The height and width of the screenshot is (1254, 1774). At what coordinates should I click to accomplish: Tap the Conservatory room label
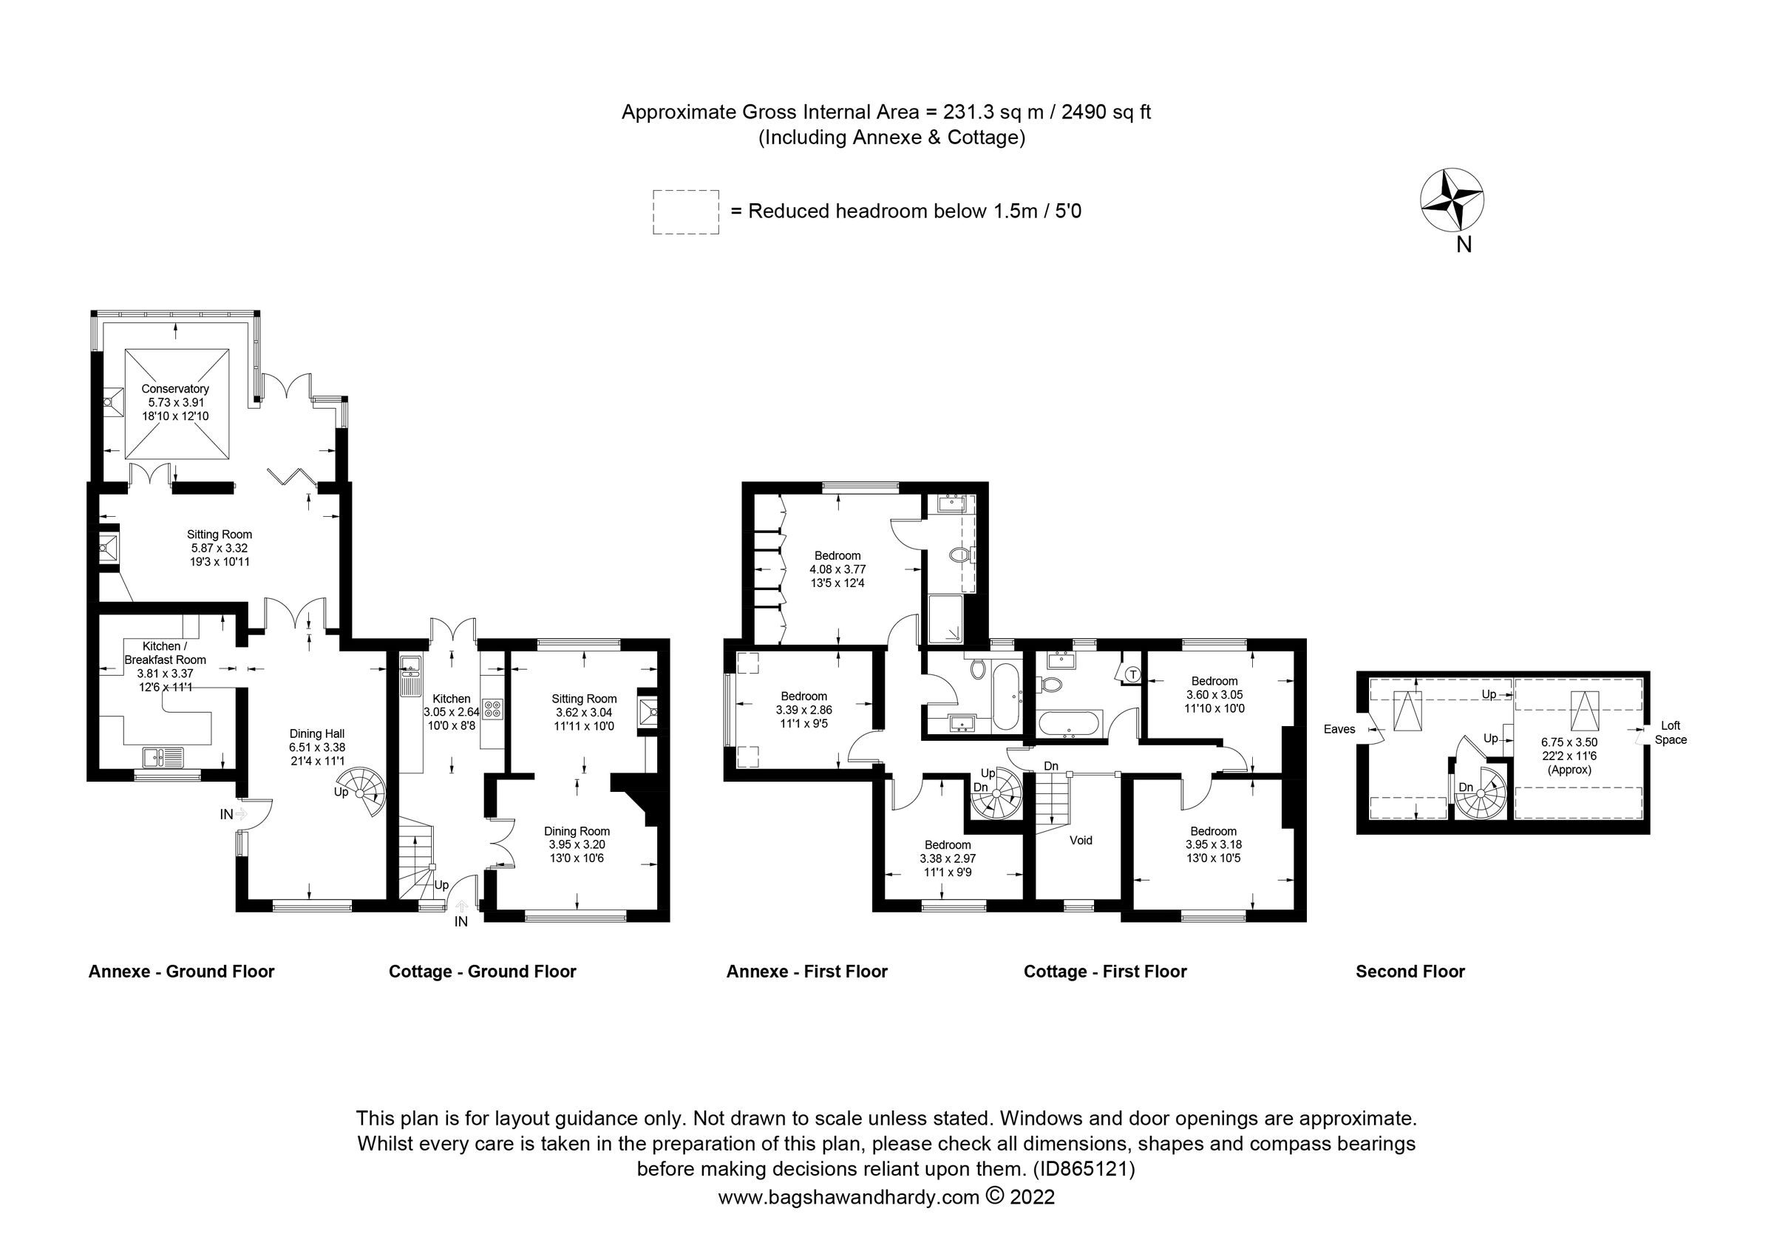coord(174,389)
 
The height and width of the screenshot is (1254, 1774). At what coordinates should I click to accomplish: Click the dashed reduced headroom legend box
coord(685,212)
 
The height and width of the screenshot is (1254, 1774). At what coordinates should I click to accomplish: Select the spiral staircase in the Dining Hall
coord(363,791)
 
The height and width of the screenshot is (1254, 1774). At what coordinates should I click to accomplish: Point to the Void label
coord(1080,840)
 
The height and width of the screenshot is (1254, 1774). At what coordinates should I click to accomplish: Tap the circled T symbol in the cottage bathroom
coord(1132,674)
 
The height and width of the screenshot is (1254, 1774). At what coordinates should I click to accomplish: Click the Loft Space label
coord(1671,733)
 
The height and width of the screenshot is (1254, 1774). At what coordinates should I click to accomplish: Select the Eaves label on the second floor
coord(1339,728)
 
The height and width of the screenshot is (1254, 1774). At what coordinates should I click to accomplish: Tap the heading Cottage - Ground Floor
coord(482,972)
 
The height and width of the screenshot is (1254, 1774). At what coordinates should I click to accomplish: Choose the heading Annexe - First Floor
coord(806,972)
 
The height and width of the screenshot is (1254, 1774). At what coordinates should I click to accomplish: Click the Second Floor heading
coord(1410,972)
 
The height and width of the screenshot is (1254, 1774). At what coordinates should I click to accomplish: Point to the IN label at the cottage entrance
coord(461,922)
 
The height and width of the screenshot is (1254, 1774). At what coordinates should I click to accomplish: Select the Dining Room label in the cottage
coord(577,831)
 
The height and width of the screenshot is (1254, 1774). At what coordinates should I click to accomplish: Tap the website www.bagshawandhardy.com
coord(849,1198)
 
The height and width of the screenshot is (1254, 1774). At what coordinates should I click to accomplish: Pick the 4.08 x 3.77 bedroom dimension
coord(837,569)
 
